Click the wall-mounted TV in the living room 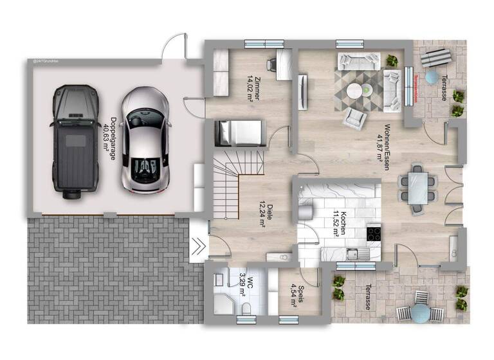[x=303, y=90]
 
